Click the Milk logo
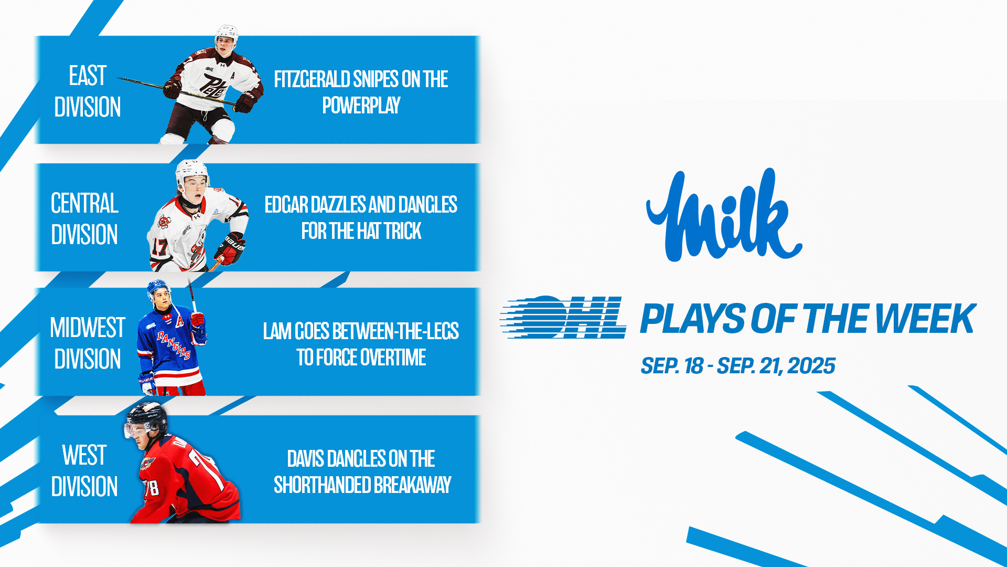click(724, 215)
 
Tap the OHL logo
click(563, 317)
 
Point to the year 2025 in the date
click(811, 366)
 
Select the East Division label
click(88, 91)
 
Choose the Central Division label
click(84, 218)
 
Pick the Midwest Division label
click(88, 343)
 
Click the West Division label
click(84, 471)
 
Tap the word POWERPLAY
click(361, 106)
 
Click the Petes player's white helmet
click(227, 34)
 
